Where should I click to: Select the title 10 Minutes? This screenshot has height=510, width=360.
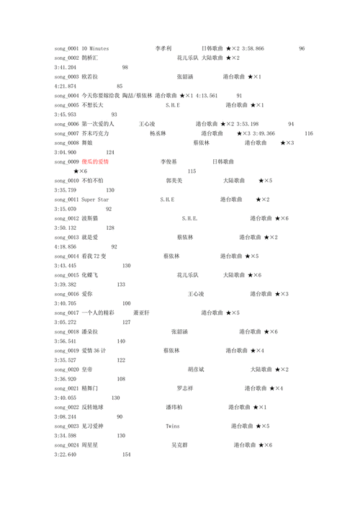click(x=96, y=48)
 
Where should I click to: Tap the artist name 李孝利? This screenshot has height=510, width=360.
click(x=163, y=48)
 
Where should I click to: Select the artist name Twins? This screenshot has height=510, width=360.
click(x=173, y=426)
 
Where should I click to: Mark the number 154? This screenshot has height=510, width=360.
click(x=127, y=455)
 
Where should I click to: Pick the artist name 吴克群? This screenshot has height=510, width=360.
click(x=179, y=445)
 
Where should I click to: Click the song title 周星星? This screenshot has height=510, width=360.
click(x=90, y=445)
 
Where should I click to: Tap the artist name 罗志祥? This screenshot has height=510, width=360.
click(x=185, y=388)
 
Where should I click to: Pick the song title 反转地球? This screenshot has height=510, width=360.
click(x=93, y=407)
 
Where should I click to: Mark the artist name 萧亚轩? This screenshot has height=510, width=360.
click(x=142, y=313)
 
